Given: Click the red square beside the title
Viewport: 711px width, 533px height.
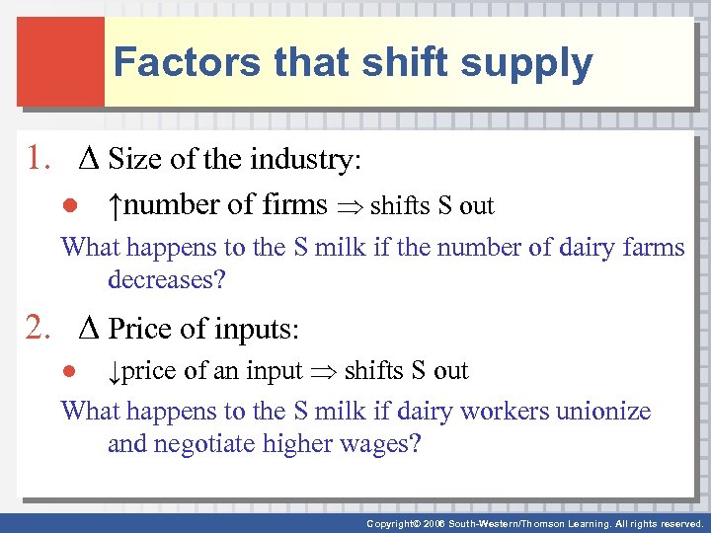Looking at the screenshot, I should pyautogui.click(x=60, y=61).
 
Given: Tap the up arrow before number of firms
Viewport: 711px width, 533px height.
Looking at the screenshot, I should pyautogui.click(x=117, y=205).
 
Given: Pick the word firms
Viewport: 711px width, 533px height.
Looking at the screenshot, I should pyautogui.click(x=295, y=205).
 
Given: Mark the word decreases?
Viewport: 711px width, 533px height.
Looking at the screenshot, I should pyautogui.click(x=167, y=279).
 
